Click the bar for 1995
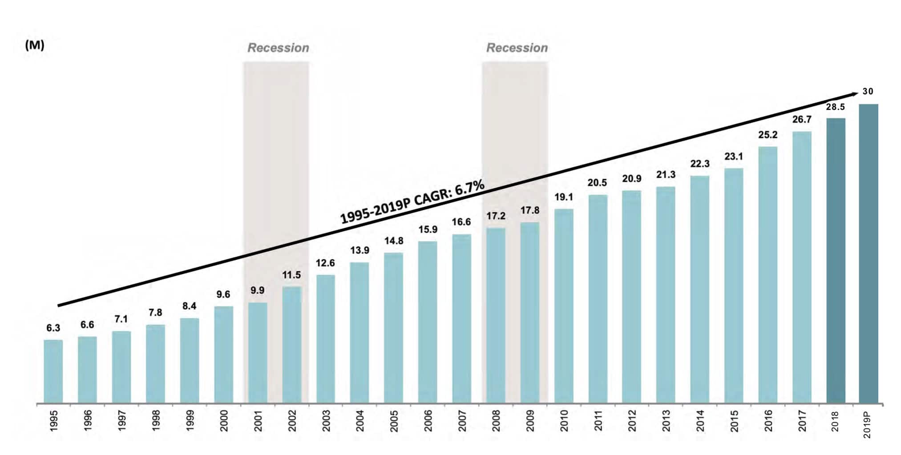click(x=53, y=371)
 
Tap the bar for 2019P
click(x=868, y=254)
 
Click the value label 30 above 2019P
click(x=868, y=92)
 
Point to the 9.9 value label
click(x=257, y=290)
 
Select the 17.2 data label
click(x=496, y=216)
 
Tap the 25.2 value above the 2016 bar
click(x=768, y=135)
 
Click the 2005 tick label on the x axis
click(x=394, y=421)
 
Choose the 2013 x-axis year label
click(x=666, y=421)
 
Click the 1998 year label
click(x=156, y=421)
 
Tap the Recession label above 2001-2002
click(x=278, y=48)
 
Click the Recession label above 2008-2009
click(x=517, y=48)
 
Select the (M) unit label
click(x=35, y=45)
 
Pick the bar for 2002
click(x=291, y=345)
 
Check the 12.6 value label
click(x=325, y=263)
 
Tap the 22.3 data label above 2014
click(x=700, y=164)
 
